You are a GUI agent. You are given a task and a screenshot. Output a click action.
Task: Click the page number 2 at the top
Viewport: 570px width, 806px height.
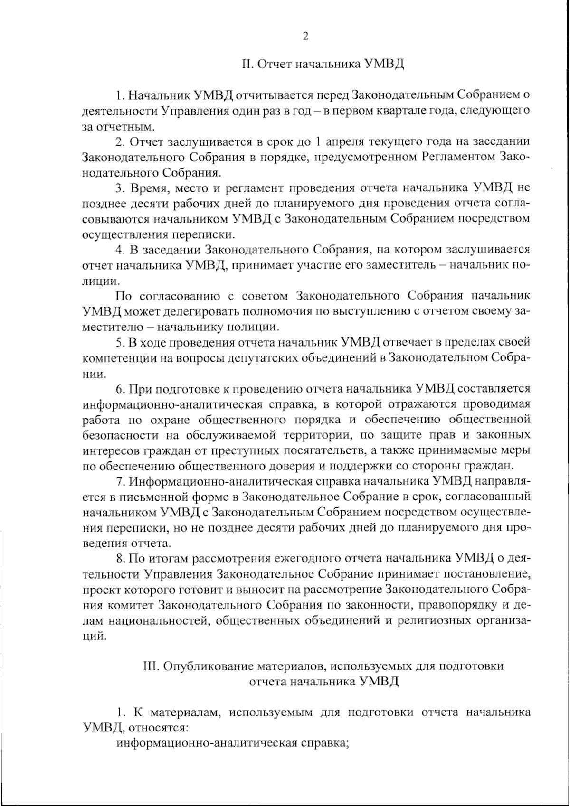point(305,37)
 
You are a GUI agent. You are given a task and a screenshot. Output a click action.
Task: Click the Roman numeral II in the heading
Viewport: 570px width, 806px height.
point(246,64)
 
